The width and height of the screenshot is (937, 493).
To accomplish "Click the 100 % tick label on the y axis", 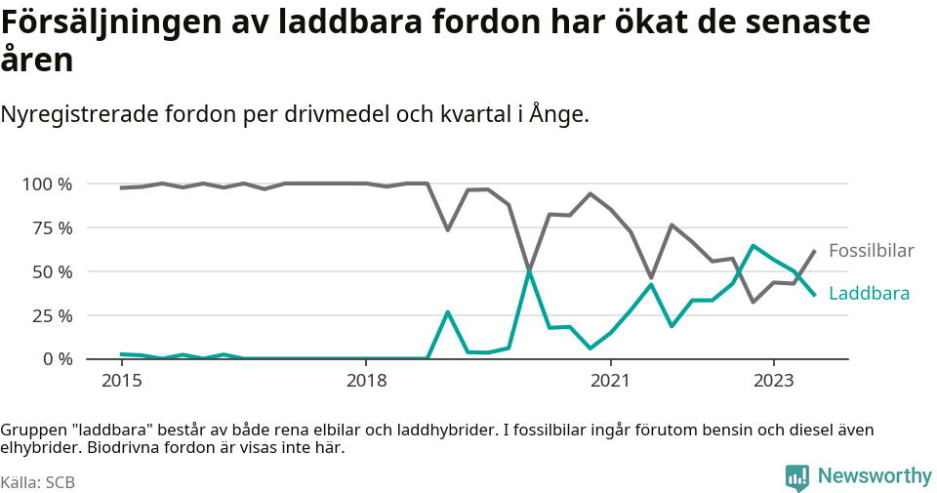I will click(46, 185).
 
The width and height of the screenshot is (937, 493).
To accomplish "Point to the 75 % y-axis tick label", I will click(51, 228).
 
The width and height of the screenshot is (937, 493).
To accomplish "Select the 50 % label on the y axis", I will click(51, 272).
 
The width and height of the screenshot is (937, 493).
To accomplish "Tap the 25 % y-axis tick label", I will click(51, 315).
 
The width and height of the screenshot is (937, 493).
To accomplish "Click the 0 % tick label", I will click(56, 359).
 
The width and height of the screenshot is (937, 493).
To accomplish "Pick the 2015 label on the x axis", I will click(121, 379).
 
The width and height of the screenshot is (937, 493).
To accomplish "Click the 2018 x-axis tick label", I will click(365, 379).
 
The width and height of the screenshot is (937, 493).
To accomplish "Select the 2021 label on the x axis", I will click(610, 379).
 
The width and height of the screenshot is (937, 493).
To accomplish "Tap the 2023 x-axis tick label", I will click(773, 379).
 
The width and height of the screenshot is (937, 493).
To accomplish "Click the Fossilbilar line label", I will click(871, 251).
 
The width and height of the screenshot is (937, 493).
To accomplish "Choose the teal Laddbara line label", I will click(869, 294).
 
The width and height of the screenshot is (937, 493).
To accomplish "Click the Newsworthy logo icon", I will click(797, 477).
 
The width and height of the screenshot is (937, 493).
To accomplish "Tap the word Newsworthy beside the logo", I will click(875, 476).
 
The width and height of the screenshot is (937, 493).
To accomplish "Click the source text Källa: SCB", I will click(38, 482).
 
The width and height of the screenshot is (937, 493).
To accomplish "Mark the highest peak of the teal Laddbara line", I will click(753, 246).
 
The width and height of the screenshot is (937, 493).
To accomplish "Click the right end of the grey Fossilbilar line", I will click(814, 251).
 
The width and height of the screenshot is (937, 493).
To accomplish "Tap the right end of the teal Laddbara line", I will click(814, 294).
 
